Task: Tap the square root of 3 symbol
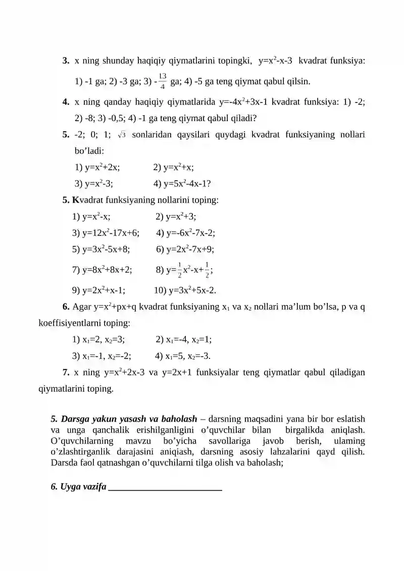122,135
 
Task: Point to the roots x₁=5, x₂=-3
188,355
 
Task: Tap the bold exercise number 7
66,373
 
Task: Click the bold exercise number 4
66,102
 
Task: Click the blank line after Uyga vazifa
166,488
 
